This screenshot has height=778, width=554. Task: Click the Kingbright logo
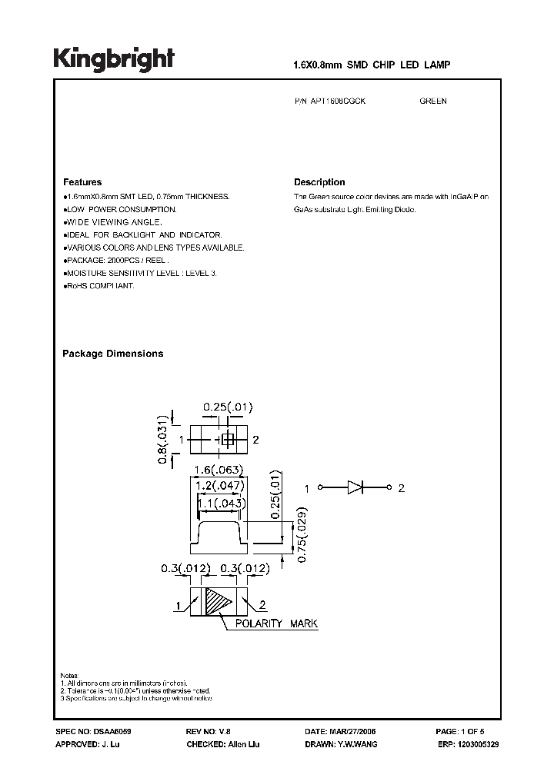tap(113, 58)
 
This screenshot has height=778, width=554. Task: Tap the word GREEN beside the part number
tap(433, 101)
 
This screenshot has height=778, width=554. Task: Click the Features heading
tap(82, 182)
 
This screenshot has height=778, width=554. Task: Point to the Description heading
tap(319, 182)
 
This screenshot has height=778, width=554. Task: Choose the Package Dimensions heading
tap(112, 354)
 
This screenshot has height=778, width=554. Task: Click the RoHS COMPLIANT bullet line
tap(99, 286)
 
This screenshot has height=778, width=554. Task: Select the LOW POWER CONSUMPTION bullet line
tap(121, 209)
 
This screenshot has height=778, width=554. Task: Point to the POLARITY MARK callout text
tap(276, 624)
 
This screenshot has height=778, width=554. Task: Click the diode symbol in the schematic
tap(355, 487)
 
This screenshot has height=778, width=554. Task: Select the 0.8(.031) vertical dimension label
tap(162, 442)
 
